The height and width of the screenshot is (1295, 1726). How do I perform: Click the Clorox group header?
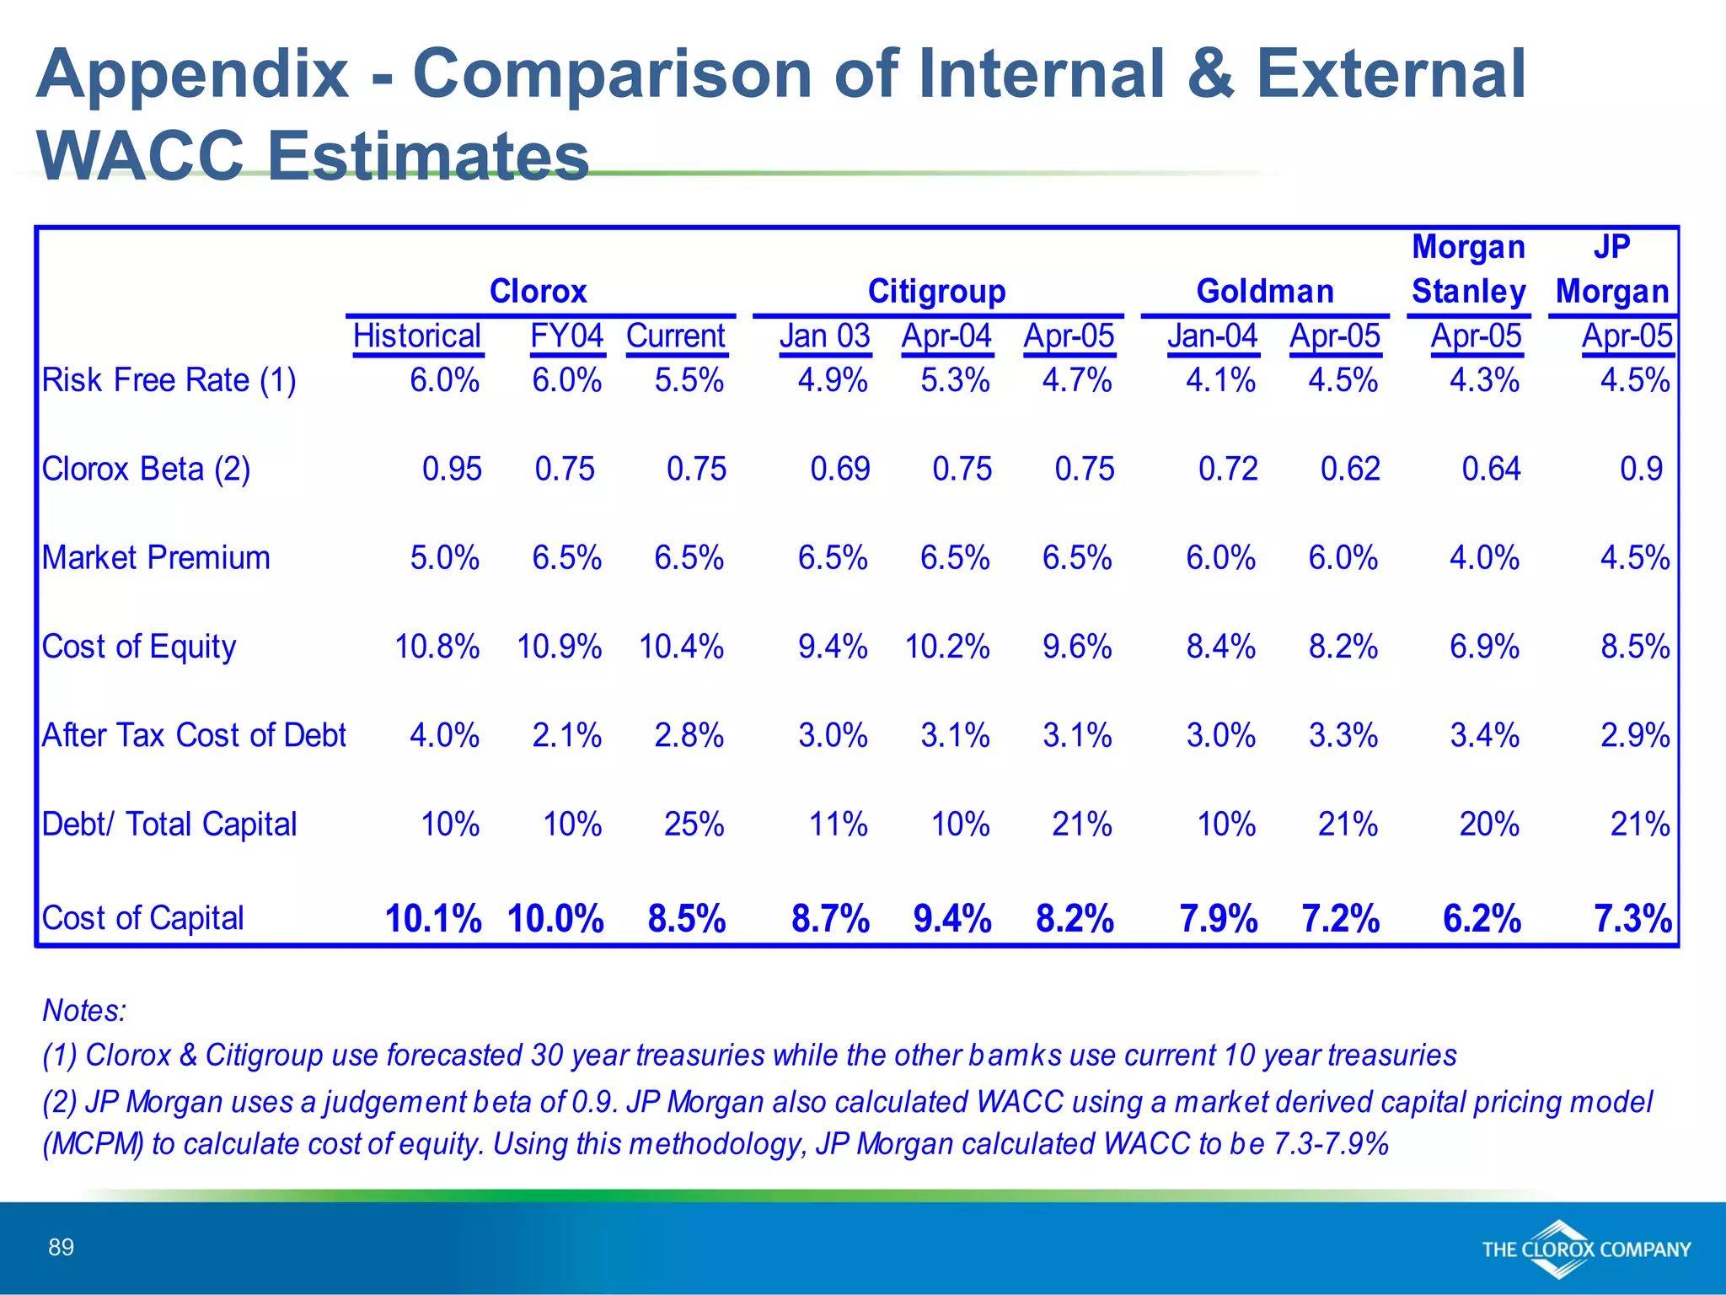tap(538, 292)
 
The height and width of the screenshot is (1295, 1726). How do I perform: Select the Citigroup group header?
tap(936, 292)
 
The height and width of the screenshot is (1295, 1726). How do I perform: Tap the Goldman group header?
tap(1265, 292)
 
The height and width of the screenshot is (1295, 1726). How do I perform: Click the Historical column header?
tap(416, 336)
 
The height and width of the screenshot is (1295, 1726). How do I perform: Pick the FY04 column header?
tap(566, 336)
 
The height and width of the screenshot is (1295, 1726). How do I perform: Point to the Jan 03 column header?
tap(824, 336)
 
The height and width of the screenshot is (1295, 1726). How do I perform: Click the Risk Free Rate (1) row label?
tap(169, 380)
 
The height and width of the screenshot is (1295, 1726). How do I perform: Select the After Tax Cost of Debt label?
tap(194, 735)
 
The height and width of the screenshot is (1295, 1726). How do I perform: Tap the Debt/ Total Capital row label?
tap(169, 825)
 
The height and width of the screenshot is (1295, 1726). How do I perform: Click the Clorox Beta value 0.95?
tap(452, 470)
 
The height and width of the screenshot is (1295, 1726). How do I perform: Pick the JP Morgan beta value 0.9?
tap(1641, 470)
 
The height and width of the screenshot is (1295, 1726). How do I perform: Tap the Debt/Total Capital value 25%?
tap(694, 825)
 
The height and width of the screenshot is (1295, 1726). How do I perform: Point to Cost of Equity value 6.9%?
tap(1484, 647)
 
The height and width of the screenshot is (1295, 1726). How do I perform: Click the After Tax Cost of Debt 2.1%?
tap(566, 736)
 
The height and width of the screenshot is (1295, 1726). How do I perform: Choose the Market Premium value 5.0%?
tap(444, 558)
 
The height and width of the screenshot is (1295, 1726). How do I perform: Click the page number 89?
tap(62, 1247)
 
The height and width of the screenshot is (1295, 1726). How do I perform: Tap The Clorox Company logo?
tap(1586, 1249)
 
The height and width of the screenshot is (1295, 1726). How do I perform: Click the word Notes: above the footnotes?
tap(84, 1010)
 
